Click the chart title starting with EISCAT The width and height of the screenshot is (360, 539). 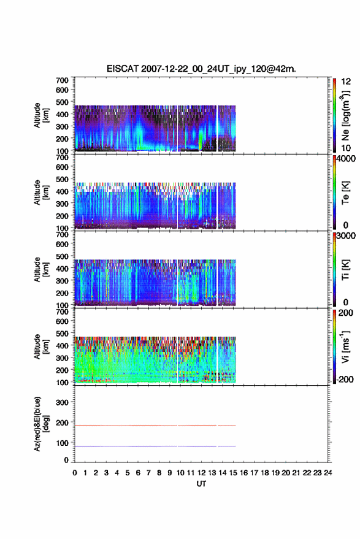pyautogui.click(x=201, y=69)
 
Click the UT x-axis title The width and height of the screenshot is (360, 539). pyautogui.click(x=201, y=484)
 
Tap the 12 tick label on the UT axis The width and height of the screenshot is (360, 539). pyautogui.click(x=201, y=473)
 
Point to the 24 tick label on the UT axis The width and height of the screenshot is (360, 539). pyautogui.click(x=327, y=473)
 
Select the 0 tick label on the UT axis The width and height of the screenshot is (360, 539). pyautogui.click(x=75, y=473)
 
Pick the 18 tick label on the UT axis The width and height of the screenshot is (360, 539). pyautogui.click(x=264, y=473)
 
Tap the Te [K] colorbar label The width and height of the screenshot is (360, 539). pyautogui.click(x=345, y=193)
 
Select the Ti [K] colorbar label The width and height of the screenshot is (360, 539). pyautogui.click(x=345, y=270)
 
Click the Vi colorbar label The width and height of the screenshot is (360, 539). pyautogui.click(x=345, y=346)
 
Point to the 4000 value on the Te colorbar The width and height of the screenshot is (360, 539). pyautogui.click(x=346, y=159)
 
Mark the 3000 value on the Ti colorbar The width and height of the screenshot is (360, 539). pyautogui.click(x=346, y=236)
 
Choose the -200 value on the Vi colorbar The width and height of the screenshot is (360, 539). pyautogui.click(x=345, y=379)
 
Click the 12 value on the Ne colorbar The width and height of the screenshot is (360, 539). pyautogui.click(x=346, y=82)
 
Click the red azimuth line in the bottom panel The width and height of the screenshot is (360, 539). pyautogui.click(x=155, y=426)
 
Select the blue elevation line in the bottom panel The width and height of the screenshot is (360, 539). pyautogui.click(x=155, y=446)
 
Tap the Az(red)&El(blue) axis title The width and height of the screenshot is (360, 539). pyautogui.click(x=41, y=424)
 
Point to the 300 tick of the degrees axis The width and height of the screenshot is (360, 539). pyautogui.click(x=62, y=402)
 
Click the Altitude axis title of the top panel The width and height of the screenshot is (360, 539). pyautogui.click(x=41, y=115)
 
